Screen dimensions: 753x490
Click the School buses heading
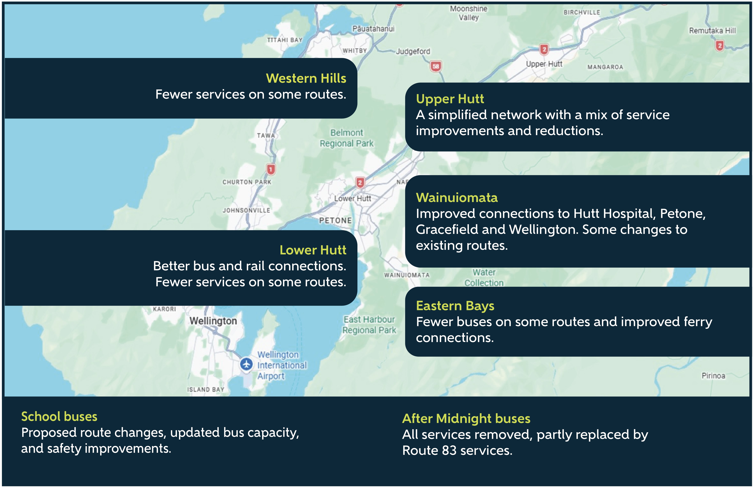click(x=59, y=416)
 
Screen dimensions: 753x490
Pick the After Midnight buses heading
click(x=466, y=419)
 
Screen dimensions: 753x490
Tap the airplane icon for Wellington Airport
click(x=246, y=364)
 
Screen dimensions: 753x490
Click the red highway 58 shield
click(x=436, y=66)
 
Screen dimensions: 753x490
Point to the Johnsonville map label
click(x=246, y=210)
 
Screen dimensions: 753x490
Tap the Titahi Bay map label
click(x=285, y=40)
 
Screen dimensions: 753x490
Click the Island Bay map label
click(x=206, y=389)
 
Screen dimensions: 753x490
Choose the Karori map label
click(x=164, y=309)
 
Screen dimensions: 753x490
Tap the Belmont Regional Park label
click(x=347, y=138)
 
